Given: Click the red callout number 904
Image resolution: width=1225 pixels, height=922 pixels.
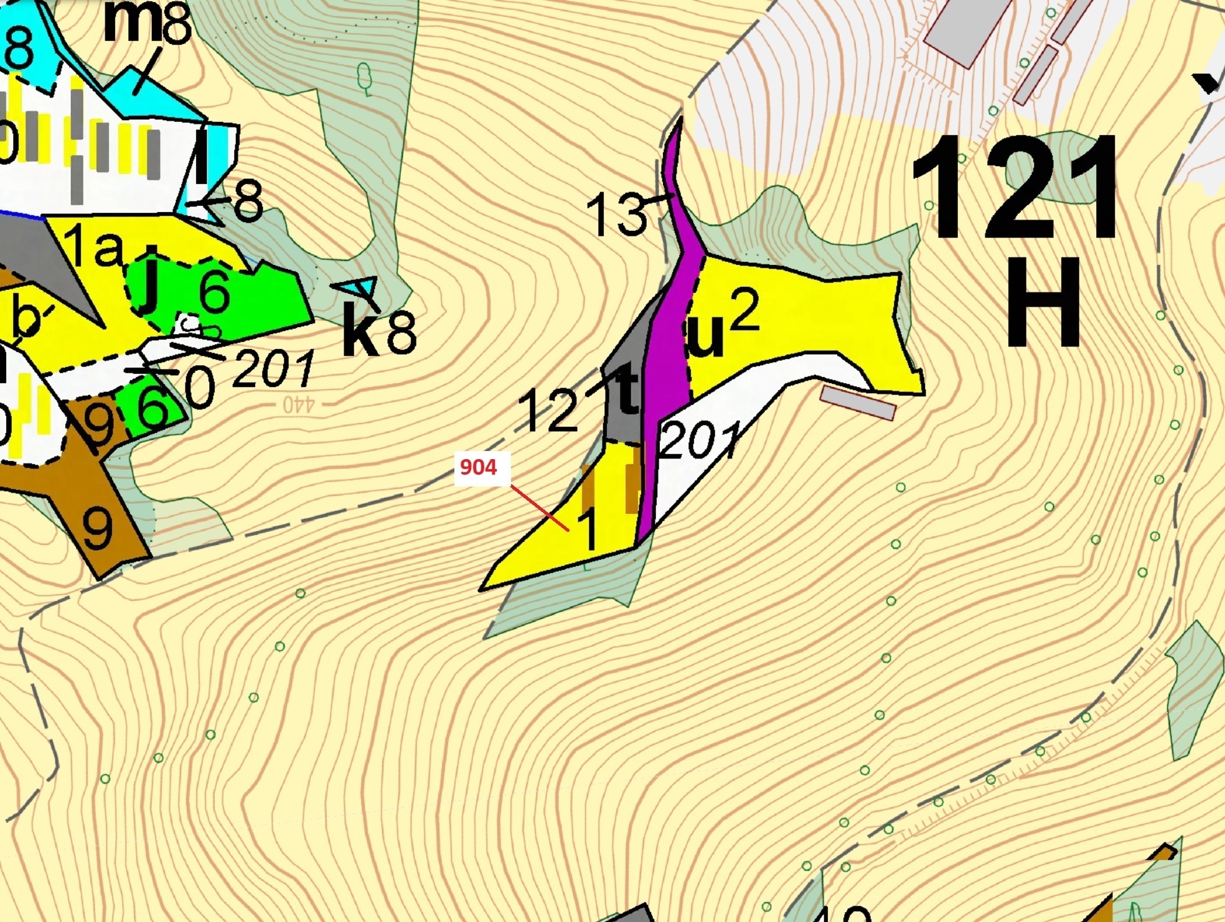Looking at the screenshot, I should pos(478,467).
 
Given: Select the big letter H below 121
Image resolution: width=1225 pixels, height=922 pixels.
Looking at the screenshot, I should pos(1043,303).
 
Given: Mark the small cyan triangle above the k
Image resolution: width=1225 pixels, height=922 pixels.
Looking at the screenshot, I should pos(362,287).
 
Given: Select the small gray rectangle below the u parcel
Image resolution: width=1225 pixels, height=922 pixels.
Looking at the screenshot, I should pos(858,402).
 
